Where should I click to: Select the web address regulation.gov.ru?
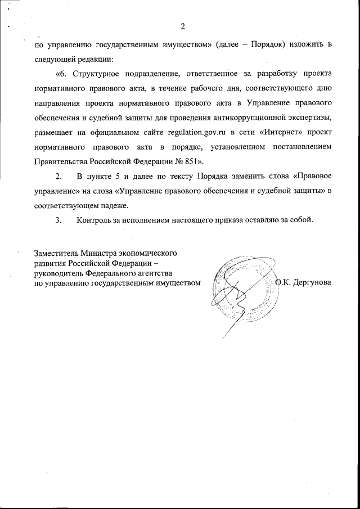coord(195,132)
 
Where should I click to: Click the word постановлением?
coord(300,147)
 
